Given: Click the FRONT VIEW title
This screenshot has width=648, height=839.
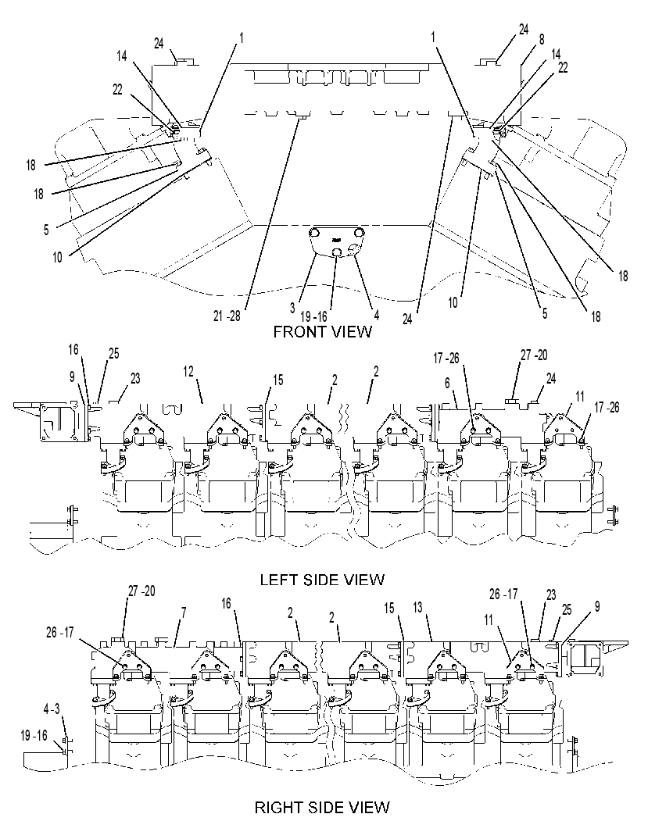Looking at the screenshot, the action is tap(322, 332).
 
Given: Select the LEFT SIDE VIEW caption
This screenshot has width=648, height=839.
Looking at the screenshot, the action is tap(322, 580).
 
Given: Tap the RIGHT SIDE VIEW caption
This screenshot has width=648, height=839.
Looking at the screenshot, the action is tap(322, 807).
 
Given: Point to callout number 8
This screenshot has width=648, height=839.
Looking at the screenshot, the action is tap(542, 39).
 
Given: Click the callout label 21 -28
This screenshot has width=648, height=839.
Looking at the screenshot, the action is tap(227, 316).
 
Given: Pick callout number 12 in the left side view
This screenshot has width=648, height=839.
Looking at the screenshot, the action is tap(188, 371).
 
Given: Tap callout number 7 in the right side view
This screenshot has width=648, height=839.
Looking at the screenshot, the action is tap(184, 612).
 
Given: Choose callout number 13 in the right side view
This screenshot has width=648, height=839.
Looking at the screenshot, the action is tap(417, 607).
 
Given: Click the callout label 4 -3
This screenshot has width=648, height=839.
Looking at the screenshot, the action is tap(52, 709).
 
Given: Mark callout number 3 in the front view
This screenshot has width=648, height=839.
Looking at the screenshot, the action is tap(292, 309).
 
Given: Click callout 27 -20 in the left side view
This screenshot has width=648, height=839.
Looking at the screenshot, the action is tap(534, 355).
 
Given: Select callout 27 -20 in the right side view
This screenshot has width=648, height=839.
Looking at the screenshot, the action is tap(141, 591).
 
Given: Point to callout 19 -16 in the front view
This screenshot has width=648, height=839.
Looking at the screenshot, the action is tap(313, 316).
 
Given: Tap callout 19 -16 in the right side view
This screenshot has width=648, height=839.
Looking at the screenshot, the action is tap(34, 736).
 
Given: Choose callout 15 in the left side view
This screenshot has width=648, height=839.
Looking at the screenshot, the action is tap(278, 380).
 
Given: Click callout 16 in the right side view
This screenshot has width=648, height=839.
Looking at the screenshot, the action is tap(227, 604).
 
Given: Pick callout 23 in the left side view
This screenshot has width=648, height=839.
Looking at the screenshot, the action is tap(135, 379).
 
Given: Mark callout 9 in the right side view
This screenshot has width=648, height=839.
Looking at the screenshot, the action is tap(597, 606).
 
